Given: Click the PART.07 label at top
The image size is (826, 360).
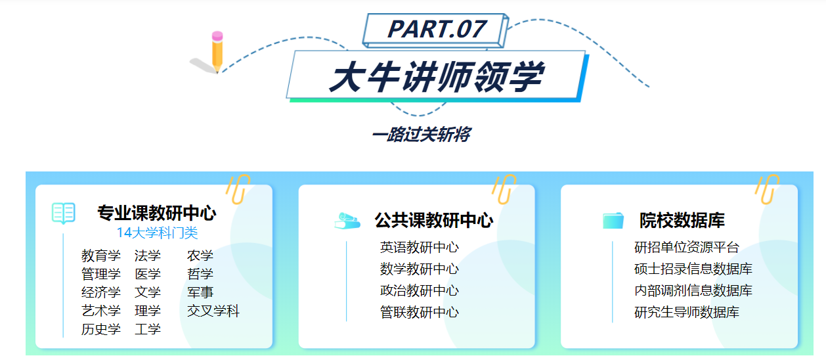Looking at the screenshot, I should [x=437, y=29].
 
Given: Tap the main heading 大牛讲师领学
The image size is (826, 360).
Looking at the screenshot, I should [x=436, y=78].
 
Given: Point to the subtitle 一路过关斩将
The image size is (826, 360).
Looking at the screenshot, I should [x=421, y=135].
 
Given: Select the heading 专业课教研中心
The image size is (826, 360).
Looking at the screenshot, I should [x=156, y=214].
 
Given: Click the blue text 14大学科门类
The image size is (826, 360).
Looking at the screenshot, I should [x=157, y=233].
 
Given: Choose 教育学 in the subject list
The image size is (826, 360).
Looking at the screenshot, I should [x=101, y=256].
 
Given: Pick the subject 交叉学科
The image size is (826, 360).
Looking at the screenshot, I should [x=213, y=311].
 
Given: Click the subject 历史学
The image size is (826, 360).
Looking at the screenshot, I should [x=101, y=329].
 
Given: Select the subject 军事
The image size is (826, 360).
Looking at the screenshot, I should [x=200, y=292].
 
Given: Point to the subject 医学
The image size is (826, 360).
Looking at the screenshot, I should [x=148, y=274].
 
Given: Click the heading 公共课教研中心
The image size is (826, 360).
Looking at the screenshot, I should [x=433, y=220].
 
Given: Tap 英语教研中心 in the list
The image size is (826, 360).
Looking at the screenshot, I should [x=419, y=248].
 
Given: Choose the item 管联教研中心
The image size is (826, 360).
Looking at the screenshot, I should [x=419, y=312].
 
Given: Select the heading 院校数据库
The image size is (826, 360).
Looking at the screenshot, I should [x=682, y=220].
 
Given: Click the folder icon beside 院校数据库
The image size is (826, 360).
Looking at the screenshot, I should [x=613, y=220].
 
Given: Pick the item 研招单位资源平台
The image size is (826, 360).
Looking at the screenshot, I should [x=686, y=248].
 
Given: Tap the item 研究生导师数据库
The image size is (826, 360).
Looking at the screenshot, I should [x=686, y=312].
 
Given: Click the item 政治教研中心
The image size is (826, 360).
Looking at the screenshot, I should [x=419, y=290].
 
